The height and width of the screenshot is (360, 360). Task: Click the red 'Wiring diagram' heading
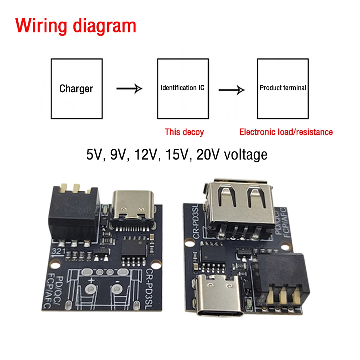[76, 26]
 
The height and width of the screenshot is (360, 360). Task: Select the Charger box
[76, 89]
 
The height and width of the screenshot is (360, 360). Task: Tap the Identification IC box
[183, 88]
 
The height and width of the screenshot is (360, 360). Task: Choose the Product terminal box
[283, 88]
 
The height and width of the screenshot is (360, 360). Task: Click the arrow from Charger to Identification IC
[129, 88]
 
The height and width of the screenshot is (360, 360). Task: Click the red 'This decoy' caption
[184, 132]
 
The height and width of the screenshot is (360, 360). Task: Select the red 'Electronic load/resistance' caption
[286, 132]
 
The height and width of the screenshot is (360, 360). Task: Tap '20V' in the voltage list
[208, 154]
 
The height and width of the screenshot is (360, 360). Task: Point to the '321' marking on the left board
[58, 251]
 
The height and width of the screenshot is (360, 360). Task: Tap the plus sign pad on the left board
[91, 288]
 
